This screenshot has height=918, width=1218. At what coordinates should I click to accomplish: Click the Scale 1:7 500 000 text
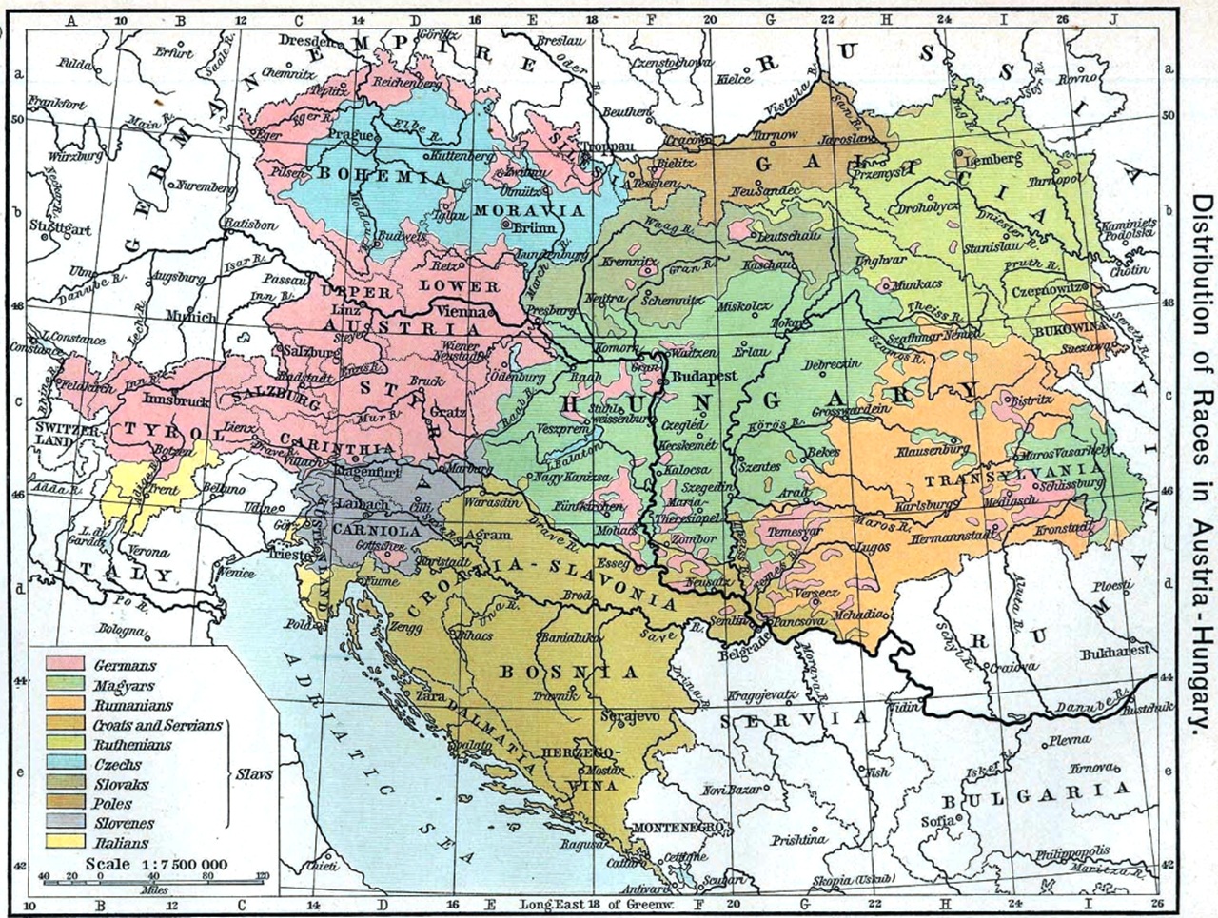[156, 864]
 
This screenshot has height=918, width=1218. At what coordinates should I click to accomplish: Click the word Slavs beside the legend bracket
[254, 774]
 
